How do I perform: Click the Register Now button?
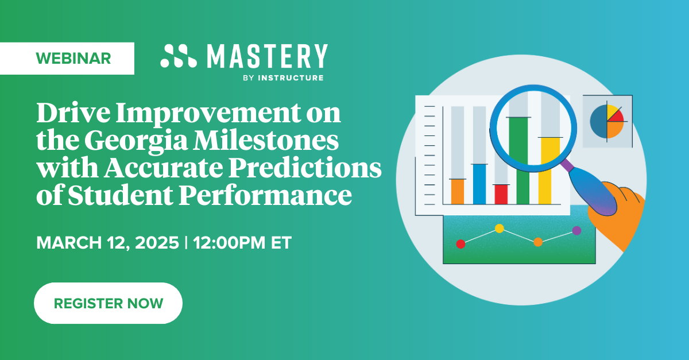[x=108, y=303]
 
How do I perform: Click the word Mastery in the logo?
[x=267, y=57]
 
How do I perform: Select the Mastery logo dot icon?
[x=178, y=56]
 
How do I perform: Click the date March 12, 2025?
[x=107, y=242]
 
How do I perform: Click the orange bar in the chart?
[x=457, y=191]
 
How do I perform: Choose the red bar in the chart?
[x=501, y=194]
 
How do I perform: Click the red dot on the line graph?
[x=460, y=243]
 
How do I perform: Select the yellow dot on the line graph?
[x=499, y=229]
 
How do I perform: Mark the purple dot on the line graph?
[x=576, y=230]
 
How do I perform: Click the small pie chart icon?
[x=607, y=121]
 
